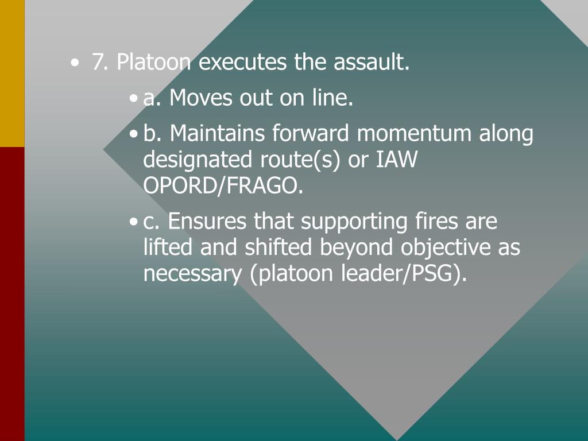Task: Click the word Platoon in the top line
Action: pyautogui.click(x=154, y=63)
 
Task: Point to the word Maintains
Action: pyautogui.click(x=218, y=134)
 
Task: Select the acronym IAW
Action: pyautogui.click(x=396, y=160)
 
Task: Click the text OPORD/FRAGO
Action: pyautogui.click(x=223, y=186)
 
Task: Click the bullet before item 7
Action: pyautogui.click(x=75, y=63)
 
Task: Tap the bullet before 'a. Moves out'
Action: pyautogui.click(x=134, y=99)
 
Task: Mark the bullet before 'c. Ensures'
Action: pyautogui.click(x=134, y=222)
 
